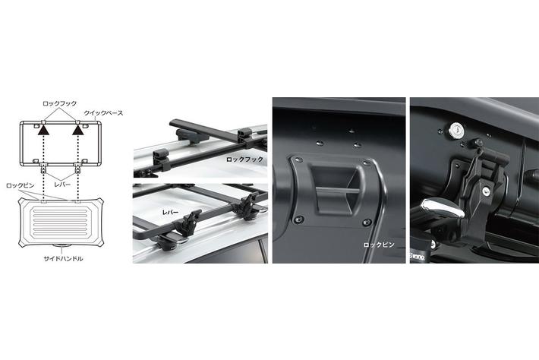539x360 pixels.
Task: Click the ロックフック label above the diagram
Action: click(x=59, y=103)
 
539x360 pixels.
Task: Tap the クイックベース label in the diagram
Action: click(x=103, y=112)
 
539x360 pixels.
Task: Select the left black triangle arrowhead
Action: click(x=44, y=130)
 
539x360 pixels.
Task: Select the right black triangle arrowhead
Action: click(x=78, y=130)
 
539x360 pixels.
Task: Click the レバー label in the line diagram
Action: click(x=62, y=185)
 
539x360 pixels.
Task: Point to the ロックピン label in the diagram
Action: click(x=20, y=185)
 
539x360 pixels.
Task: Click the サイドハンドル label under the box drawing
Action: click(x=63, y=258)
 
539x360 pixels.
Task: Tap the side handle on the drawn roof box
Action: click(x=62, y=246)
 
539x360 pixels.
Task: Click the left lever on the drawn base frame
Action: click(x=44, y=168)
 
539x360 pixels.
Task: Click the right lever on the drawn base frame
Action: click(x=78, y=168)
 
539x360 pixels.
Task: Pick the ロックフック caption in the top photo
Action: click(x=244, y=159)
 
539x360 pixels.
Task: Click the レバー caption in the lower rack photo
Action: click(x=171, y=213)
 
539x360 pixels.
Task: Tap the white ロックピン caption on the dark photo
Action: click(x=379, y=245)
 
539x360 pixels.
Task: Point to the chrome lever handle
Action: click(x=443, y=209)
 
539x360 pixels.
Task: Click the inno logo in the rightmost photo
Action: click(x=418, y=256)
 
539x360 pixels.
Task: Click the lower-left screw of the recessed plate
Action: click(x=298, y=219)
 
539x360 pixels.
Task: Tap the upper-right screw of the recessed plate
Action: click(x=367, y=163)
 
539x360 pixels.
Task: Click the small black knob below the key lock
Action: click(x=478, y=142)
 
